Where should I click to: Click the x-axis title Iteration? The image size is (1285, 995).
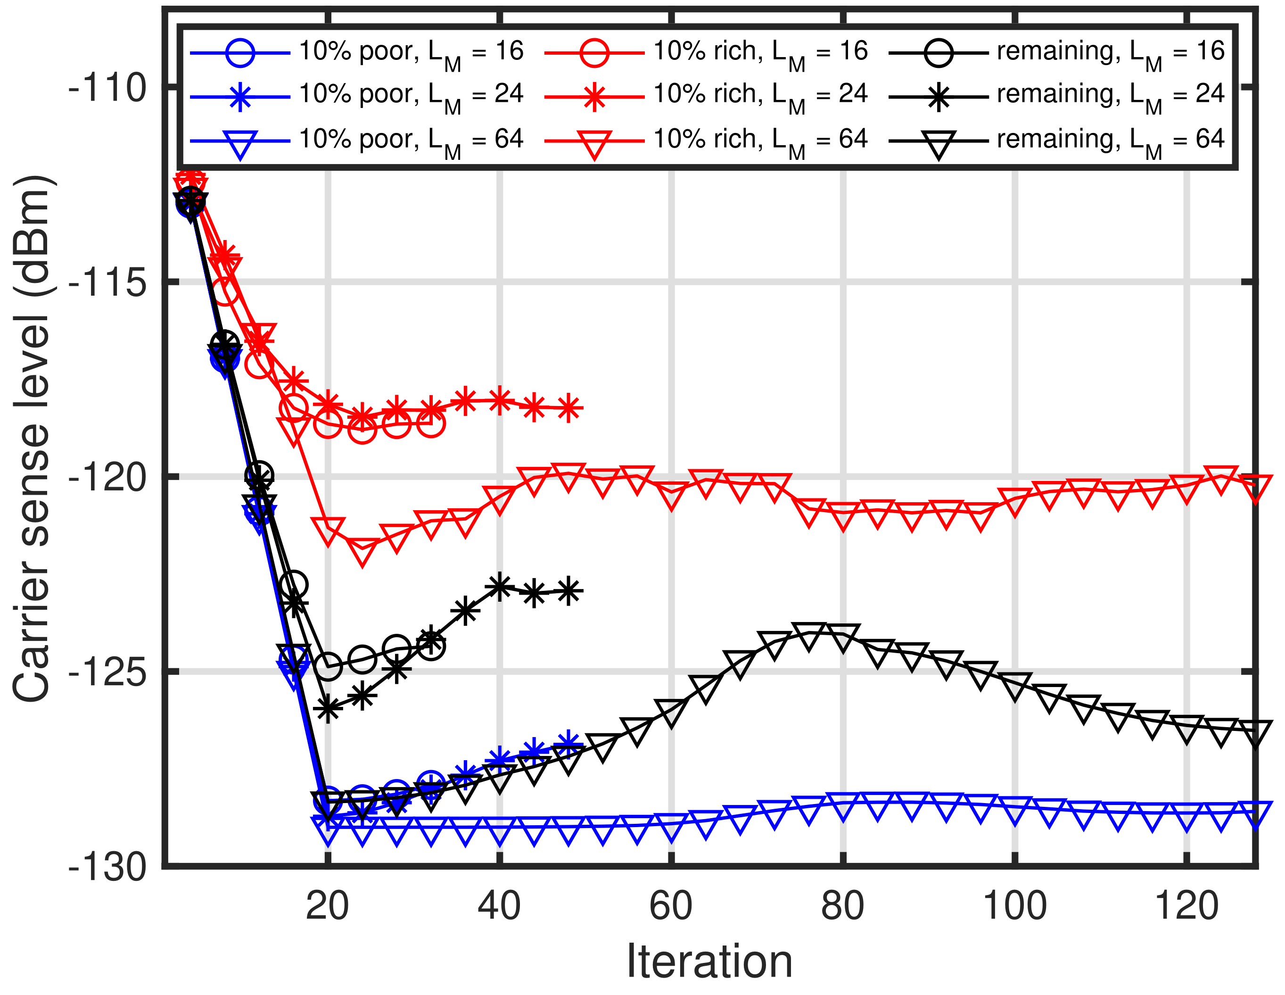tap(709, 962)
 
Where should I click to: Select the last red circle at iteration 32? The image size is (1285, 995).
tap(431, 423)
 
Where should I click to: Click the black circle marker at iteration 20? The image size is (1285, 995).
tap(328, 666)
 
